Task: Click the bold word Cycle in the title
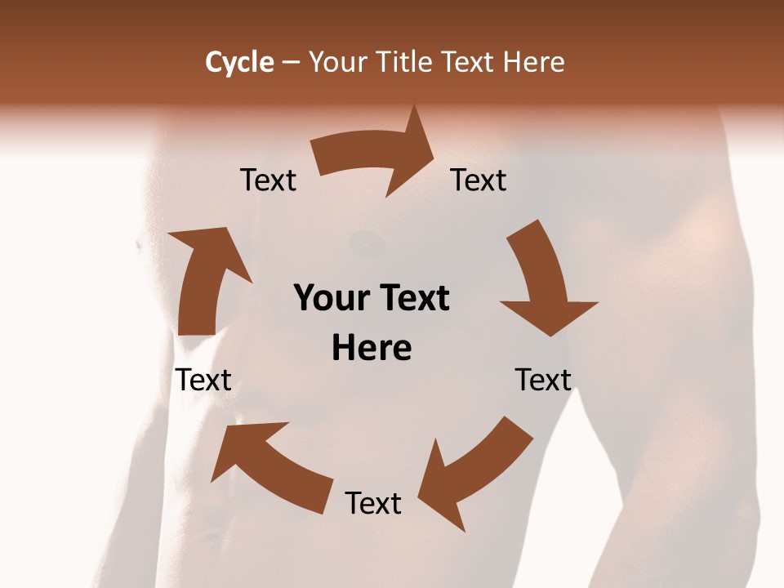click(x=239, y=62)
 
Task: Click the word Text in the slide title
click(x=470, y=62)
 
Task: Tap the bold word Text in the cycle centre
click(x=412, y=298)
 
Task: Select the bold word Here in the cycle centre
click(x=372, y=348)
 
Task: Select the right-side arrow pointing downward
click(x=543, y=282)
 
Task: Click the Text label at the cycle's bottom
click(x=373, y=503)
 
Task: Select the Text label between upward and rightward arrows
click(x=268, y=180)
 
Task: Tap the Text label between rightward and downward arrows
click(x=479, y=180)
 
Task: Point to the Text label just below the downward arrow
click(x=543, y=380)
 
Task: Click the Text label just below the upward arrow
click(x=203, y=380)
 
